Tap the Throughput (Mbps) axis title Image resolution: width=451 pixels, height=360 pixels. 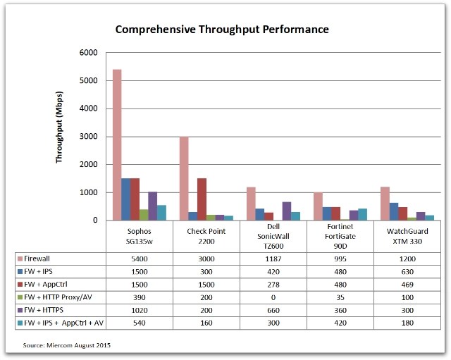61,136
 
